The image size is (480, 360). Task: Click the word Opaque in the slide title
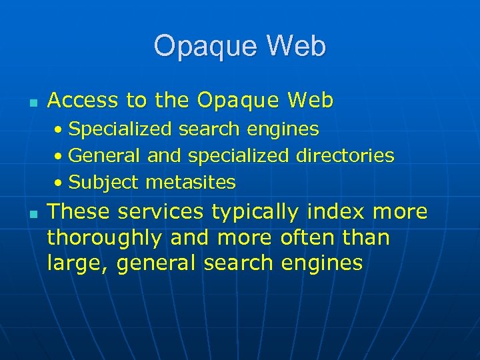205,47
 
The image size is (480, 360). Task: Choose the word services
161,212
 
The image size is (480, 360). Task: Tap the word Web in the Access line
310,101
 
